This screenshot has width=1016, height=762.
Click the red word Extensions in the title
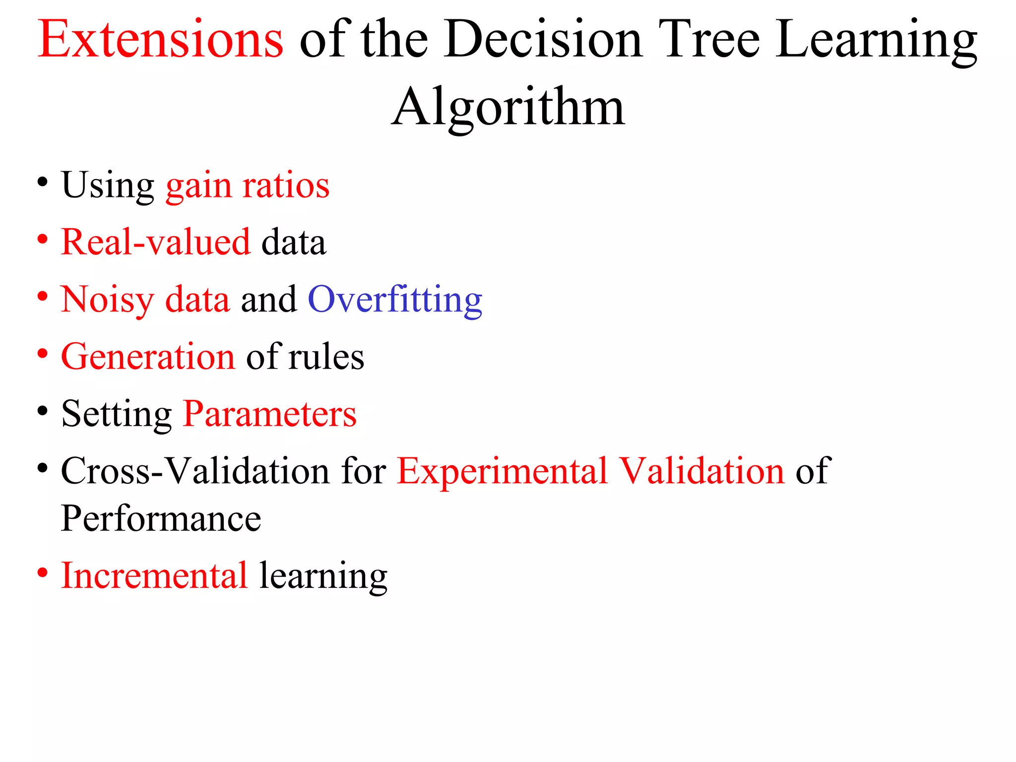tap(160, 40)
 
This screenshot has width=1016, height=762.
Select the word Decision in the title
tap(543, 40)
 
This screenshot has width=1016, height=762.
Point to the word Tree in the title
tap(709, 40)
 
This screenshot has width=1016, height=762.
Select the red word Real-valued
tap(156, 243)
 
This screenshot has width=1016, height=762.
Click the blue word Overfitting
tap(395, 300)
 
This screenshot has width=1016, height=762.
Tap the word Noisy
tap(108, 300)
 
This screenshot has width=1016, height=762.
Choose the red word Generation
tap(148, 357)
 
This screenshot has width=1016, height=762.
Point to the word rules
tap(326, 357)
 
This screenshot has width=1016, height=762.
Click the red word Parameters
tap(269, 414)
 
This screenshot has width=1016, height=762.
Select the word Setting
tap(117, 414)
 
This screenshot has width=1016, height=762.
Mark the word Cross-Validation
tap(195, 471)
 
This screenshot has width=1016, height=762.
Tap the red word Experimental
tap(502, 471)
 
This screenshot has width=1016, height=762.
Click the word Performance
tap(161, 518)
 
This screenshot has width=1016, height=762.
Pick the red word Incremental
tap(154, 575)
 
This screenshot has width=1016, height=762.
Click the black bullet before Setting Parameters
tap(43, 411)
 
